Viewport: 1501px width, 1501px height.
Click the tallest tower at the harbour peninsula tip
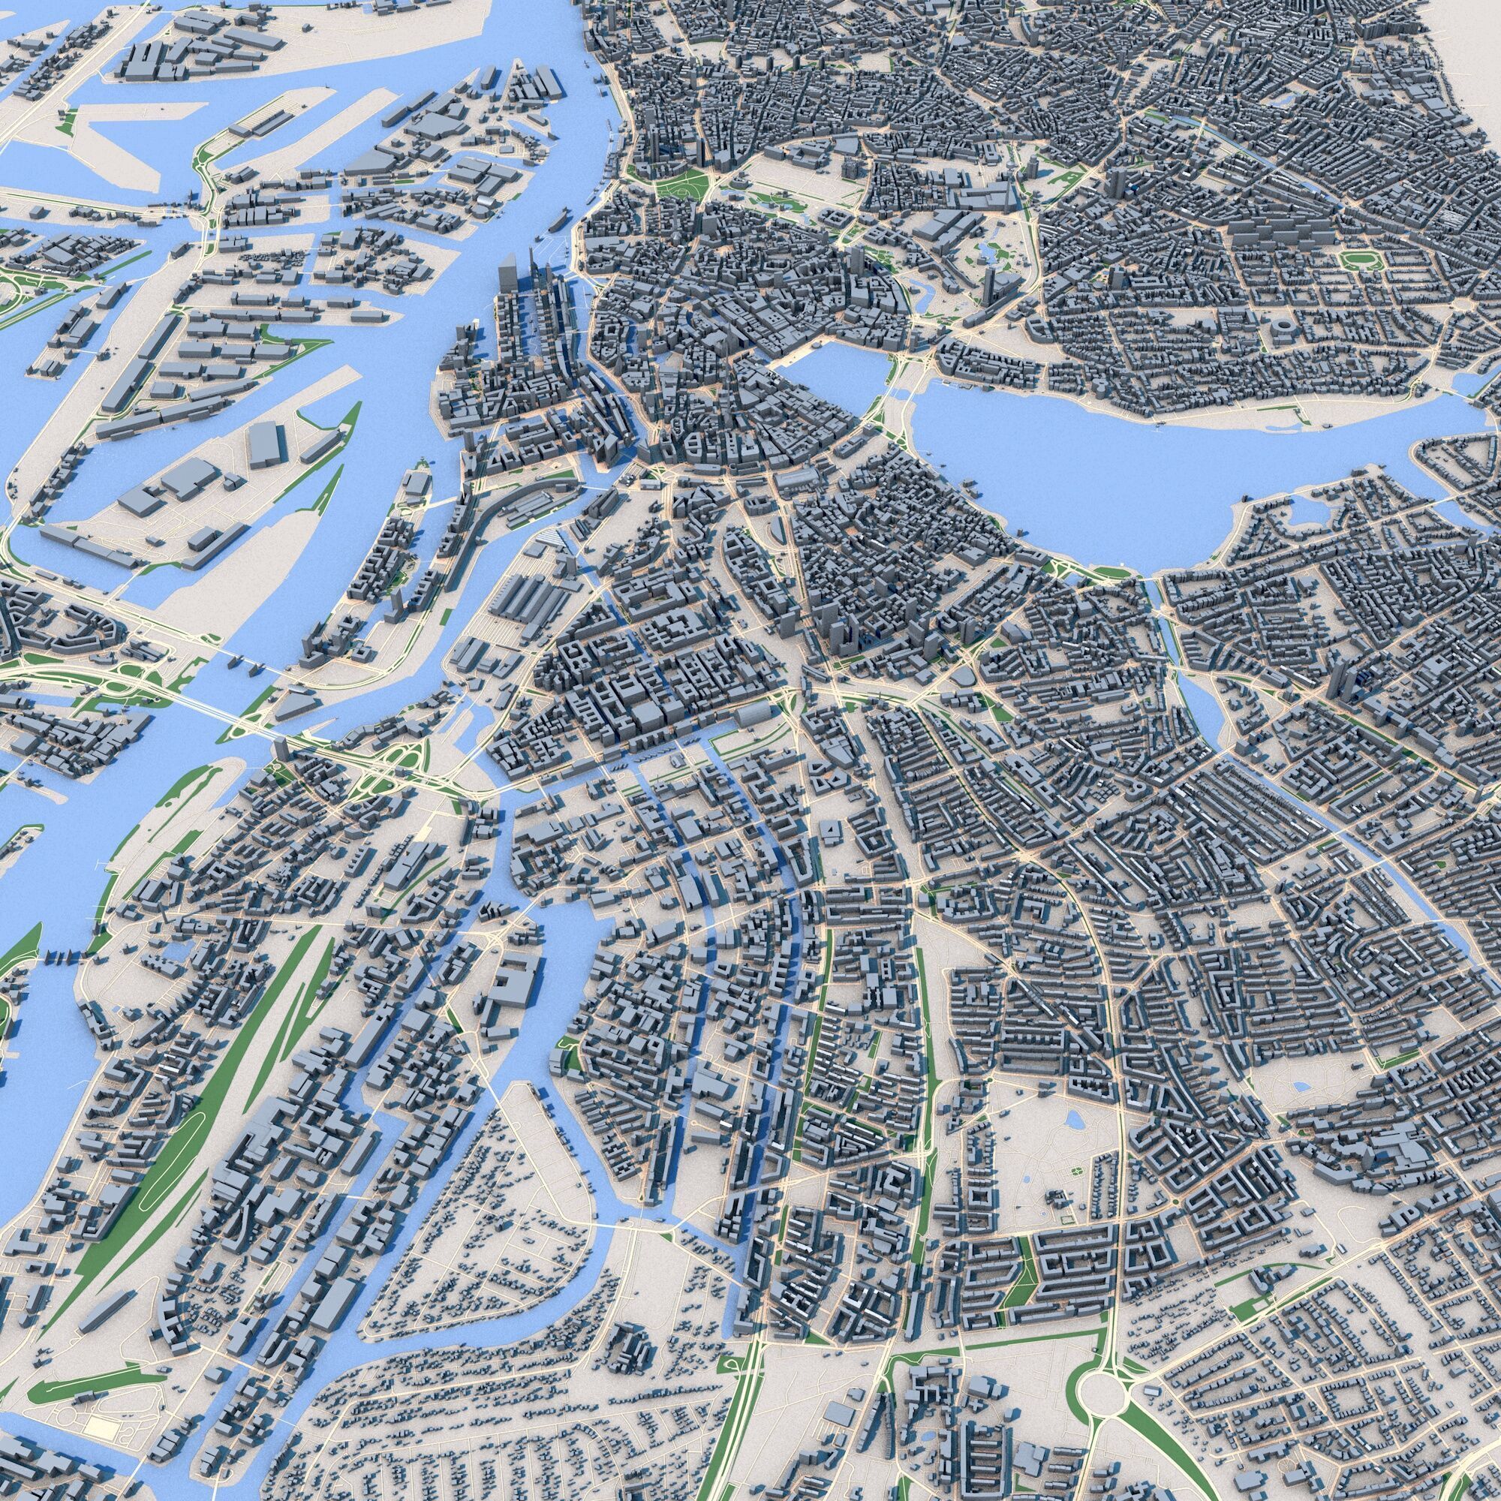509,272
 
